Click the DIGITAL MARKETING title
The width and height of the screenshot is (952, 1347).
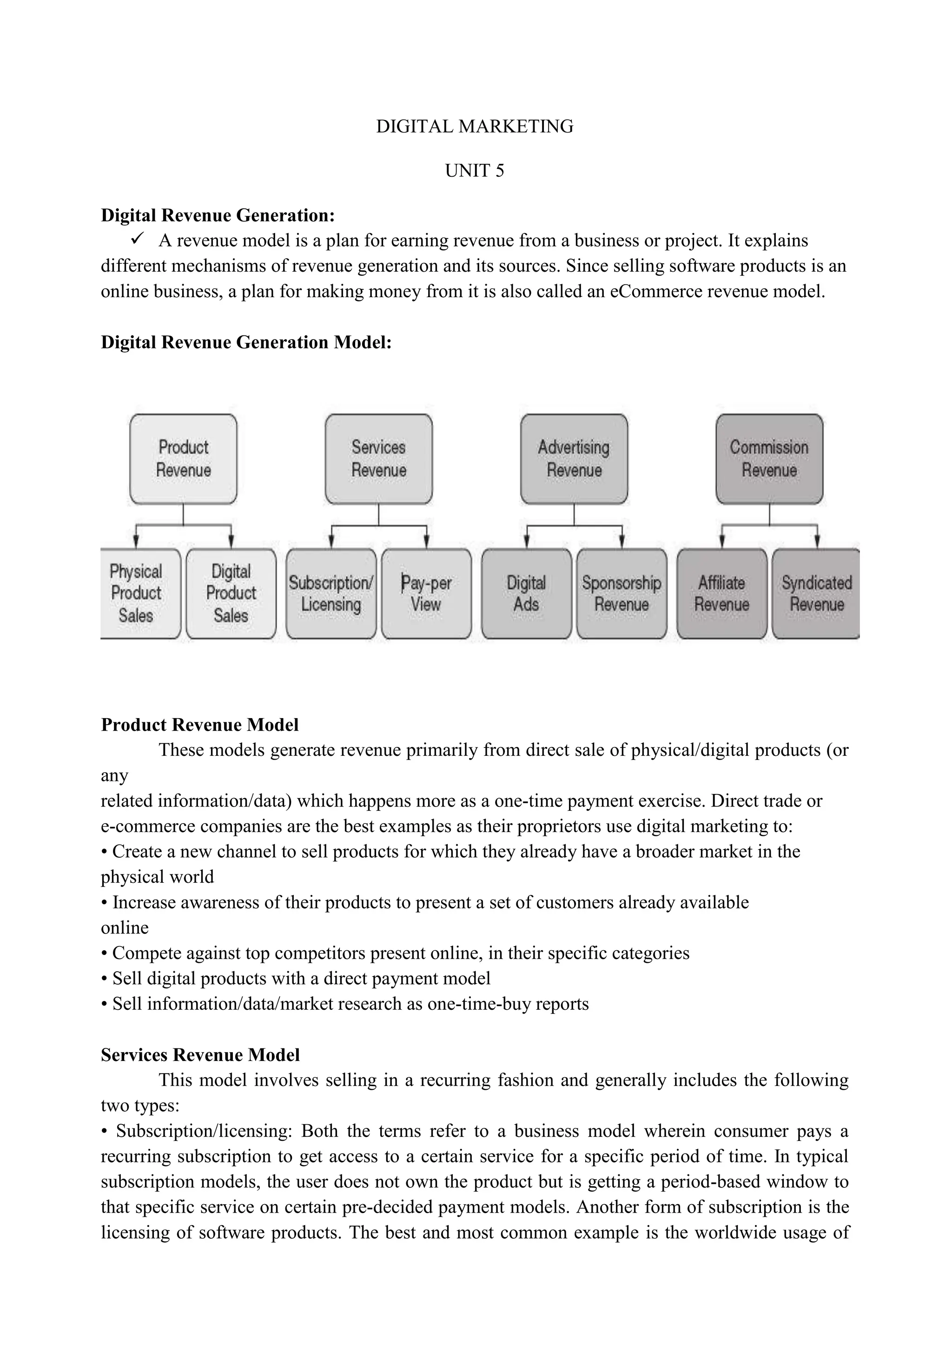click(x=474, y=126)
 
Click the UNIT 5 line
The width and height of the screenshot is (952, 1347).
click(x=474, y=171)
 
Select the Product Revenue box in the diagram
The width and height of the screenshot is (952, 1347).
click(x=184, y=459)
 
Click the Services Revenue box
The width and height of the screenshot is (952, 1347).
click(x=379, y=459)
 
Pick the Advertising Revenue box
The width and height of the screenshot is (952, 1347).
click(x=574, y=459)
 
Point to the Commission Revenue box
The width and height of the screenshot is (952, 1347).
click(x=769, y=459)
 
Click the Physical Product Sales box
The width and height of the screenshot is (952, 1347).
click(x=137, y=593)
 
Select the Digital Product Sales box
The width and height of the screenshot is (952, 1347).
click(x=231, y=593)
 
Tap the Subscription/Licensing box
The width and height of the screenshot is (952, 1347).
click(x=331, y=593)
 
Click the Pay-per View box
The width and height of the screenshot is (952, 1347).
click(x=426, y=593)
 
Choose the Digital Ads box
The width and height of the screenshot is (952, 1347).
click(x=526, y=593)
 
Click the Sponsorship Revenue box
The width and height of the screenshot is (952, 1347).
click(x=621, y=593)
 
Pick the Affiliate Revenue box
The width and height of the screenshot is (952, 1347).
click(x=721, y=593)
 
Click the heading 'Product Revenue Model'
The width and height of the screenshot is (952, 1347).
click(x=199, y=725)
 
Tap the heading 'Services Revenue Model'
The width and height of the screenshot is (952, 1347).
click(x=200, y=1055)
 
